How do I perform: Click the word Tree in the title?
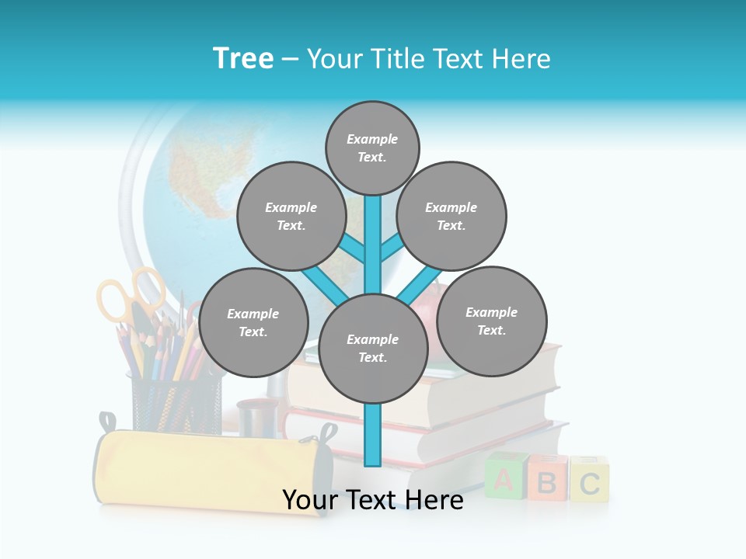click(243, 58)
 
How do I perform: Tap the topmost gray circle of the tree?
click(372, 148)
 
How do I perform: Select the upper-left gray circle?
click(291, 217)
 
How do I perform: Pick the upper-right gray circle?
click(451, 217)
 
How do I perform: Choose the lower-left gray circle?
click(253, 323)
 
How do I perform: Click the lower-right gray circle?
click(492, 321)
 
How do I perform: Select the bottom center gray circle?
click(373, 349)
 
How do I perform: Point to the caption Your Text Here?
click(373, 500)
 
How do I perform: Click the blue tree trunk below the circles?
click(373, 435)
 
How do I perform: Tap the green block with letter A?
click(504, 481)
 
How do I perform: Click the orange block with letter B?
click(546, 482)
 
